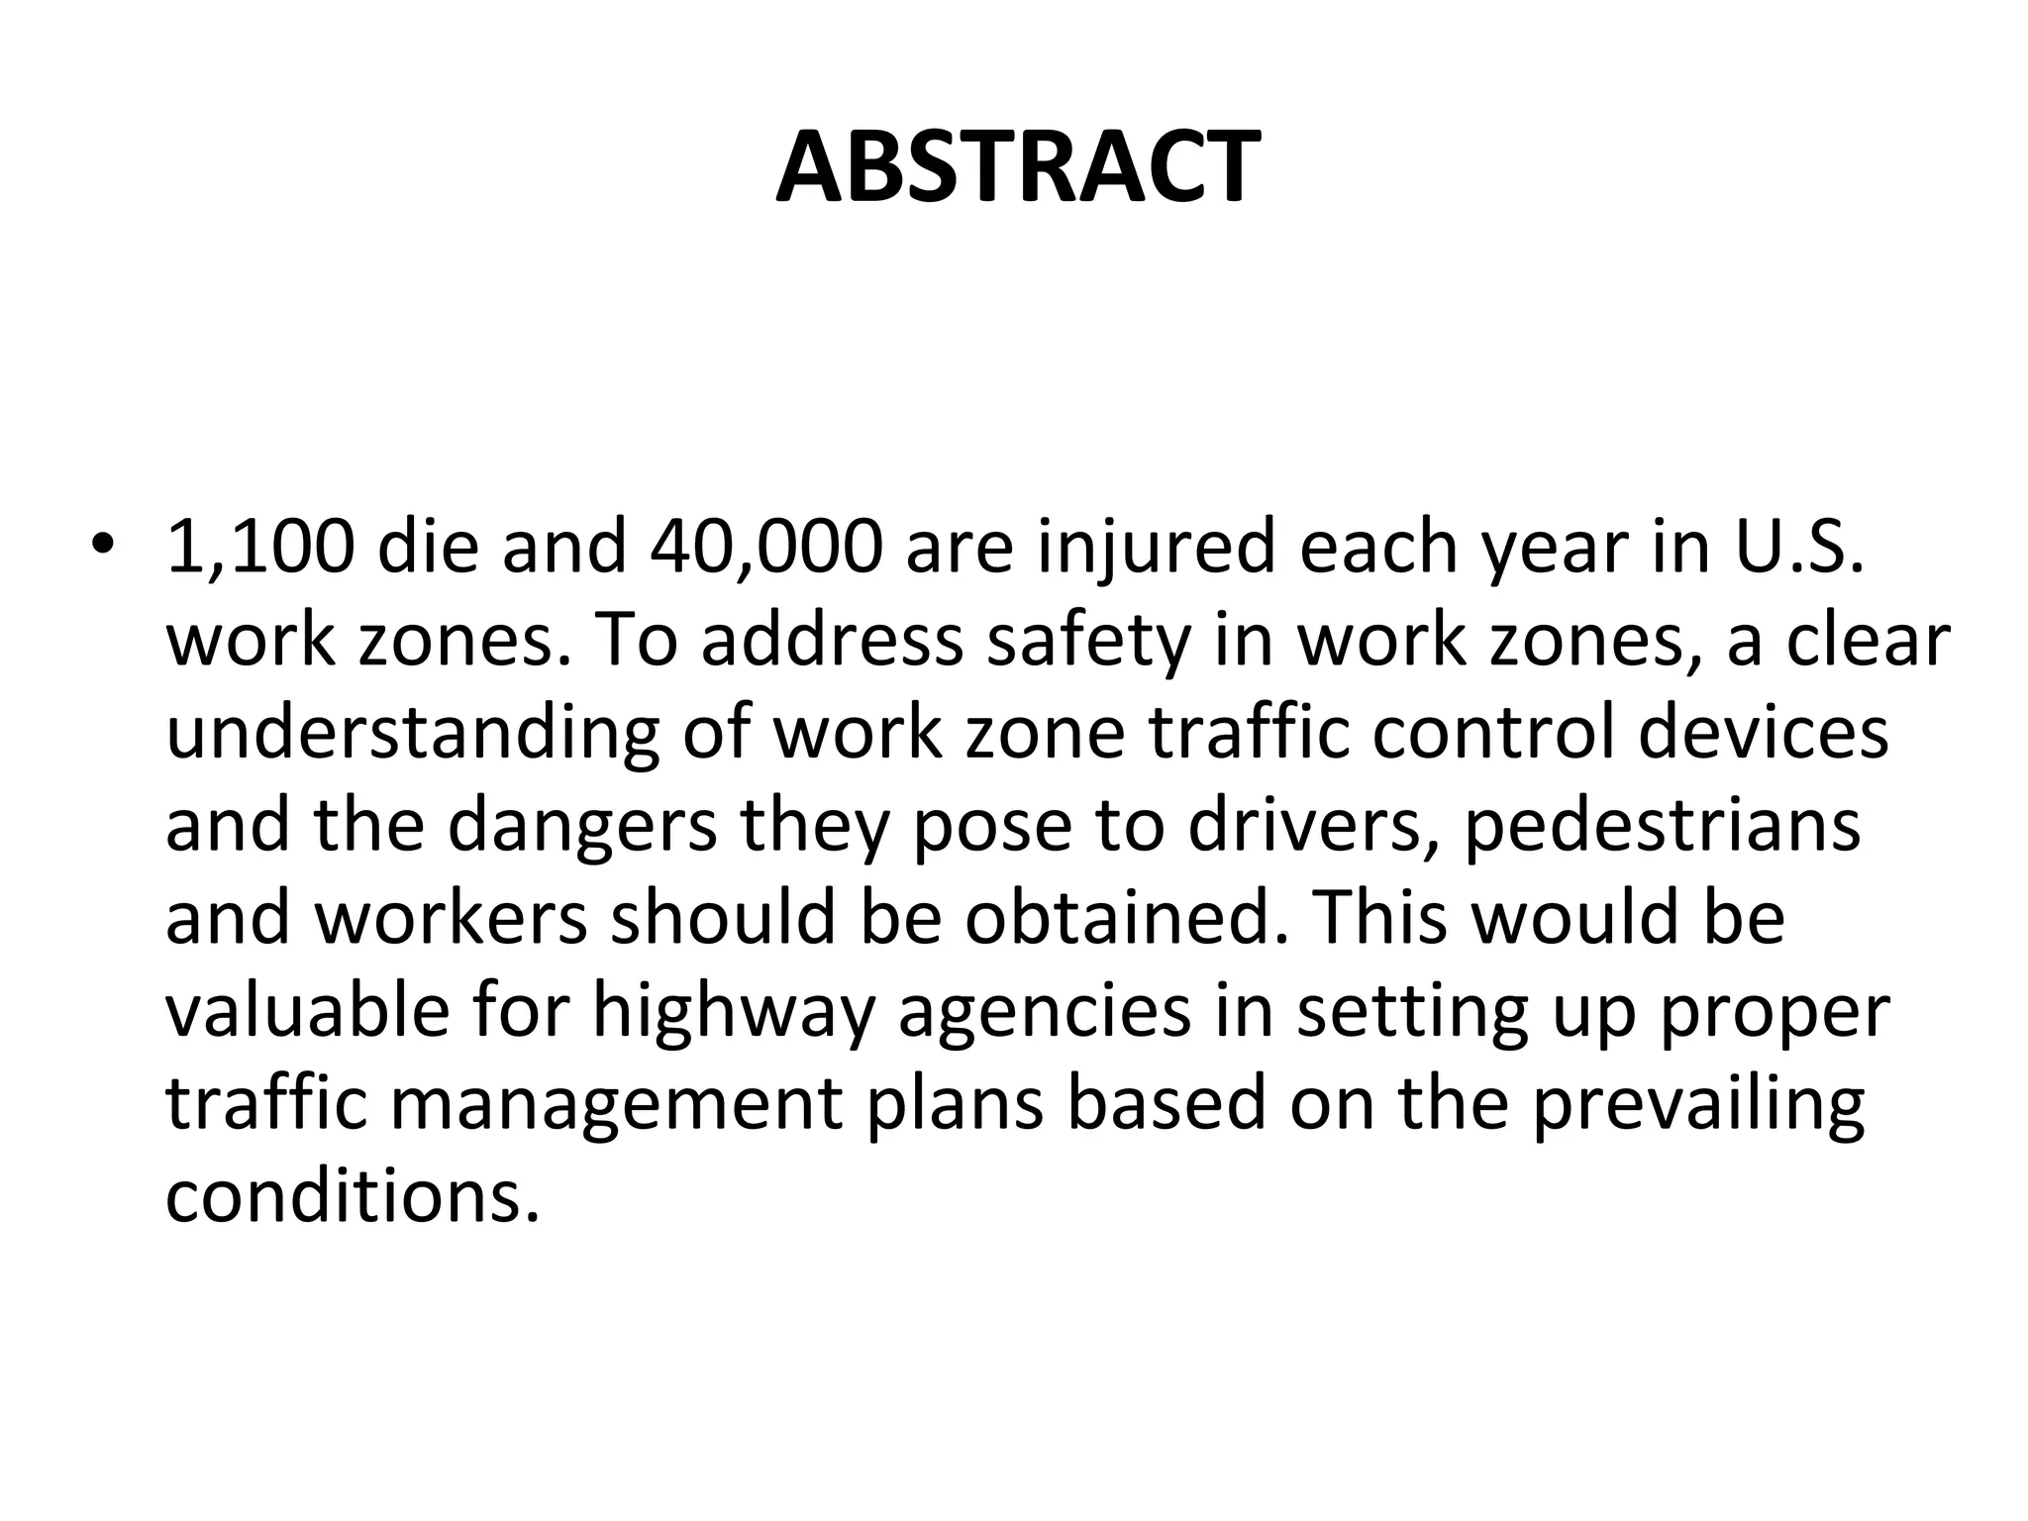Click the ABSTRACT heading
pos(1017,167)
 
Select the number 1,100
pos(259,548)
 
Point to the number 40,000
pos(765,548)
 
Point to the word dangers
pos(583,829)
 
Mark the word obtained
pos(1119,917)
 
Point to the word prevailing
pos(1698,1106)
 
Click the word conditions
pos(353,1196)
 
